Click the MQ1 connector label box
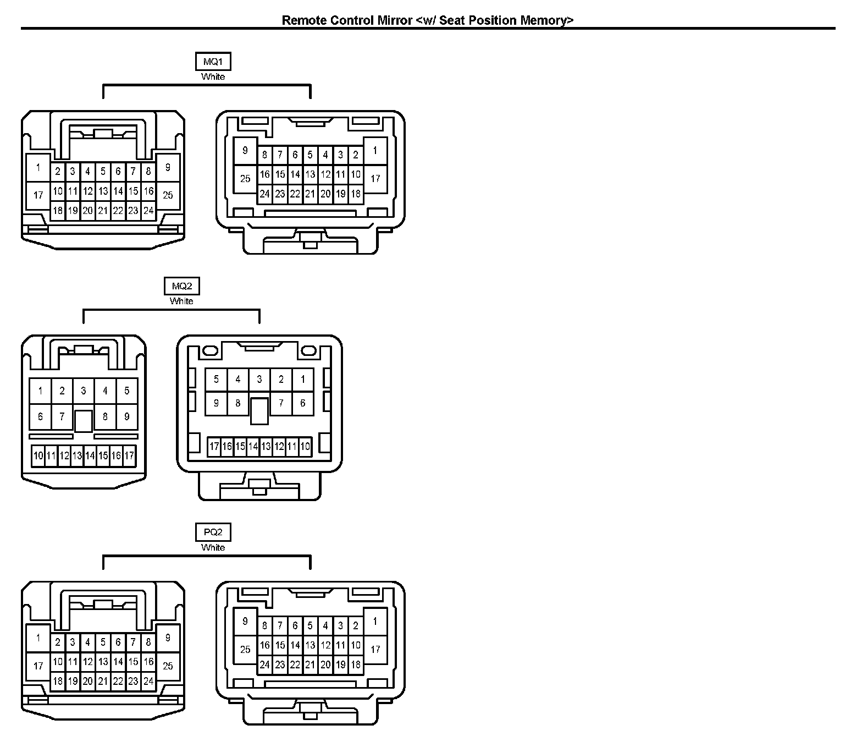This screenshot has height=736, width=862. click(x=213, y=61)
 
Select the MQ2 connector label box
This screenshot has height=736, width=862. click(x=182, y=286)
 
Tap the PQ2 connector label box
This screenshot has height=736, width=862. click(x=213, y=532)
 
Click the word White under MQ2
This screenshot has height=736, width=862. click(x=181, y=301)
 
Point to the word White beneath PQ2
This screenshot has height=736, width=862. click(x=213, y=548)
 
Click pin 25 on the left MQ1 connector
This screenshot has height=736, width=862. click(x=168, y=195)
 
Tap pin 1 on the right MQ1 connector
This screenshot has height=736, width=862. click(x=375, y=150)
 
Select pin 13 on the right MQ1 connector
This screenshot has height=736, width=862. click(x=310, y=175)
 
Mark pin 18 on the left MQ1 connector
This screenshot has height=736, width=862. click(x=58, y=211)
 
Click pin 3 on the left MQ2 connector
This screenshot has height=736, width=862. click(x=84, y=391)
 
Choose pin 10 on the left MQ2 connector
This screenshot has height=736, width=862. click(x=38, y=455)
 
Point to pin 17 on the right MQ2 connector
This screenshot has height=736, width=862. click(x=214, y=447)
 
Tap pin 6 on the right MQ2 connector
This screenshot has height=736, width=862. click(x=302, y=403)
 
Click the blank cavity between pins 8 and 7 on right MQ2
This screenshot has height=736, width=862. click(x=259, y=411)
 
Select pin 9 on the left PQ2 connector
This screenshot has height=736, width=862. click(x=168, y=638)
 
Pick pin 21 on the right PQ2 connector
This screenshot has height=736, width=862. click(x=310, y=664)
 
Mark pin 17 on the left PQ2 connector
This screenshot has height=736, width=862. click(x=38, y=666)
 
